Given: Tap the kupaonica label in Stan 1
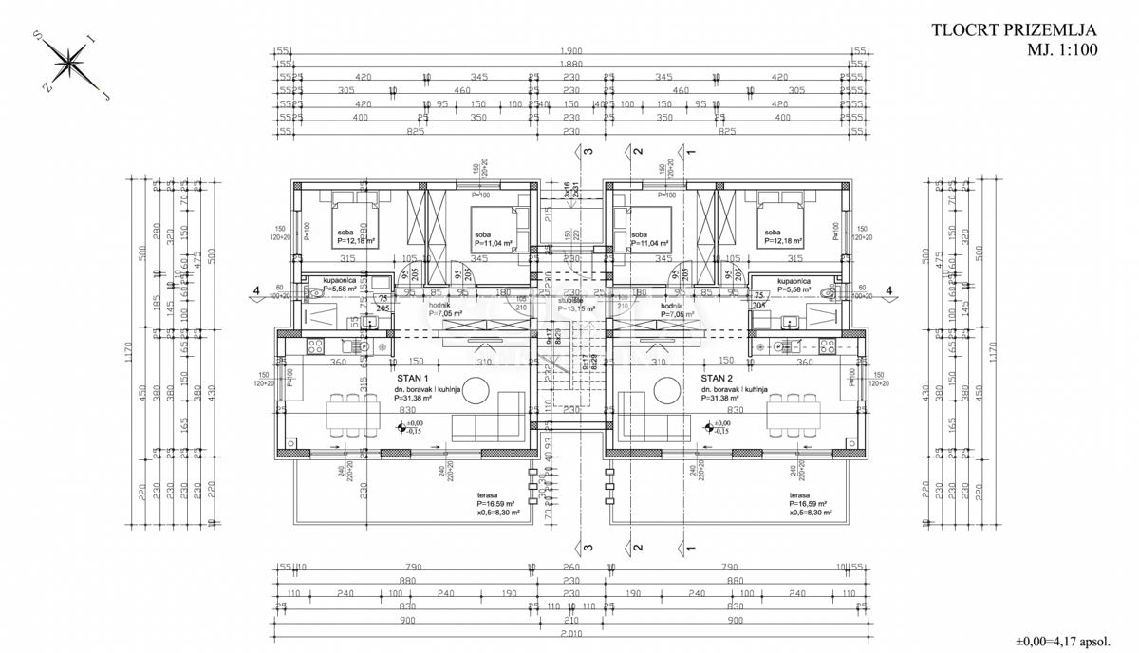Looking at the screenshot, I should point(339,282).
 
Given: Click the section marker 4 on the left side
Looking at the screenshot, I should point(255,291).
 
